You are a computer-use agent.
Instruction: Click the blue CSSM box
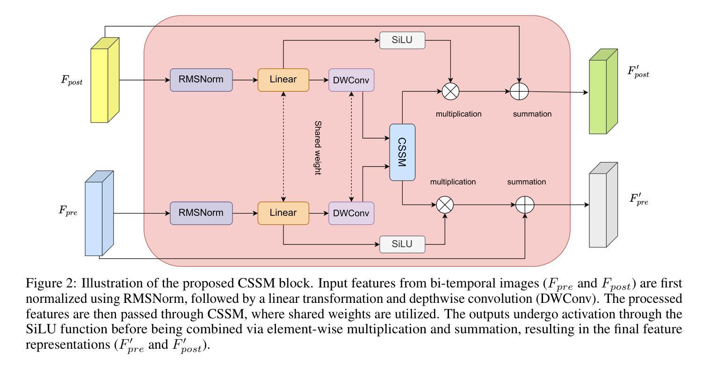[402, 152]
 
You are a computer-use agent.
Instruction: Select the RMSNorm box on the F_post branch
[201, 80]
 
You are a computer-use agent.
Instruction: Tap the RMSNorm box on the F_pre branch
[201, 213]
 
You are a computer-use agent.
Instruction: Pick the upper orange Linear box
[283, 80]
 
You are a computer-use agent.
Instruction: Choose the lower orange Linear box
[283, 213]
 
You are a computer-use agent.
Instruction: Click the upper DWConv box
[351, 80]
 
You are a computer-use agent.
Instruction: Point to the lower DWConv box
[351, 213]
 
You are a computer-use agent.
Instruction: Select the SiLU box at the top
[402, 41]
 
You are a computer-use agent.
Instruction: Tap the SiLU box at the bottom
[402, 244]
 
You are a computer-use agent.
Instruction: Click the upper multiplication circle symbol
[450, 91]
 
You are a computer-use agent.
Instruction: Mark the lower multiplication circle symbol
[445, 205]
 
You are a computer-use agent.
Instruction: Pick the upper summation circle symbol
[519, 91]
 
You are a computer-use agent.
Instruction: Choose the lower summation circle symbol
[525, 205]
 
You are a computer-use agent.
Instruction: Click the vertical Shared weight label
[318, 148]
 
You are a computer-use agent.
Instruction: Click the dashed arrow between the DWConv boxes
[351, 146]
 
